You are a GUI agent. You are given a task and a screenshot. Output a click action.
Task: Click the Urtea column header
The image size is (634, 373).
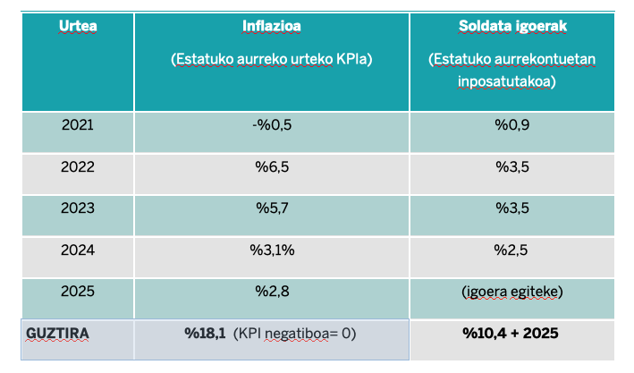pos(78,25)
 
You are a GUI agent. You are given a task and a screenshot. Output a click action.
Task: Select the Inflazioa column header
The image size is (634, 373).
pos(271,25)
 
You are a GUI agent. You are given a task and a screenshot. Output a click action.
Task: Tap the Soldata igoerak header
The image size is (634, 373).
pos(512,25)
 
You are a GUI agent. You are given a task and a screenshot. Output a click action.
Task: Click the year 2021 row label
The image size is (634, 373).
pos(78,124)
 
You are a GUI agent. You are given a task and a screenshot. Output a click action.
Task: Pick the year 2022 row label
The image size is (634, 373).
pos(78,166)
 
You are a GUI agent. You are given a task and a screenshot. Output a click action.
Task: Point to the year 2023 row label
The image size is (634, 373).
pos(78,208)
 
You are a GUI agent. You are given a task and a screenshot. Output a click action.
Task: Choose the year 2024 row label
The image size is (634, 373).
pos(78,250)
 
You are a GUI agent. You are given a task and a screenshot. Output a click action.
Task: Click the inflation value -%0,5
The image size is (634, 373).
pos(271,124)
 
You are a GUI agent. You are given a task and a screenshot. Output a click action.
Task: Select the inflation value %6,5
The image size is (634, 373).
pos(271,166)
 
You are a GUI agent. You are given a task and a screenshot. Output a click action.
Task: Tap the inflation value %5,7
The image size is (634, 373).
pos(271,208)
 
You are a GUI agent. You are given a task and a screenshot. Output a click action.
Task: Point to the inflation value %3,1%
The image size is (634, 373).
pos(271,250)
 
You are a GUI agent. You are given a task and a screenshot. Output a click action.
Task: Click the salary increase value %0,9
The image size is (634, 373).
pos(512,124)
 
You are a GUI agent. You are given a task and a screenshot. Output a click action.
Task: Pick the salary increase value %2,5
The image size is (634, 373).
pos(512,250)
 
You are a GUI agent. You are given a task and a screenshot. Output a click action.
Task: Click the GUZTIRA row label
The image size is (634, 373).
pos(57,334)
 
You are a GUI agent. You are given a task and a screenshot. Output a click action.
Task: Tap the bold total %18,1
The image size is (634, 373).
pos(204,334)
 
